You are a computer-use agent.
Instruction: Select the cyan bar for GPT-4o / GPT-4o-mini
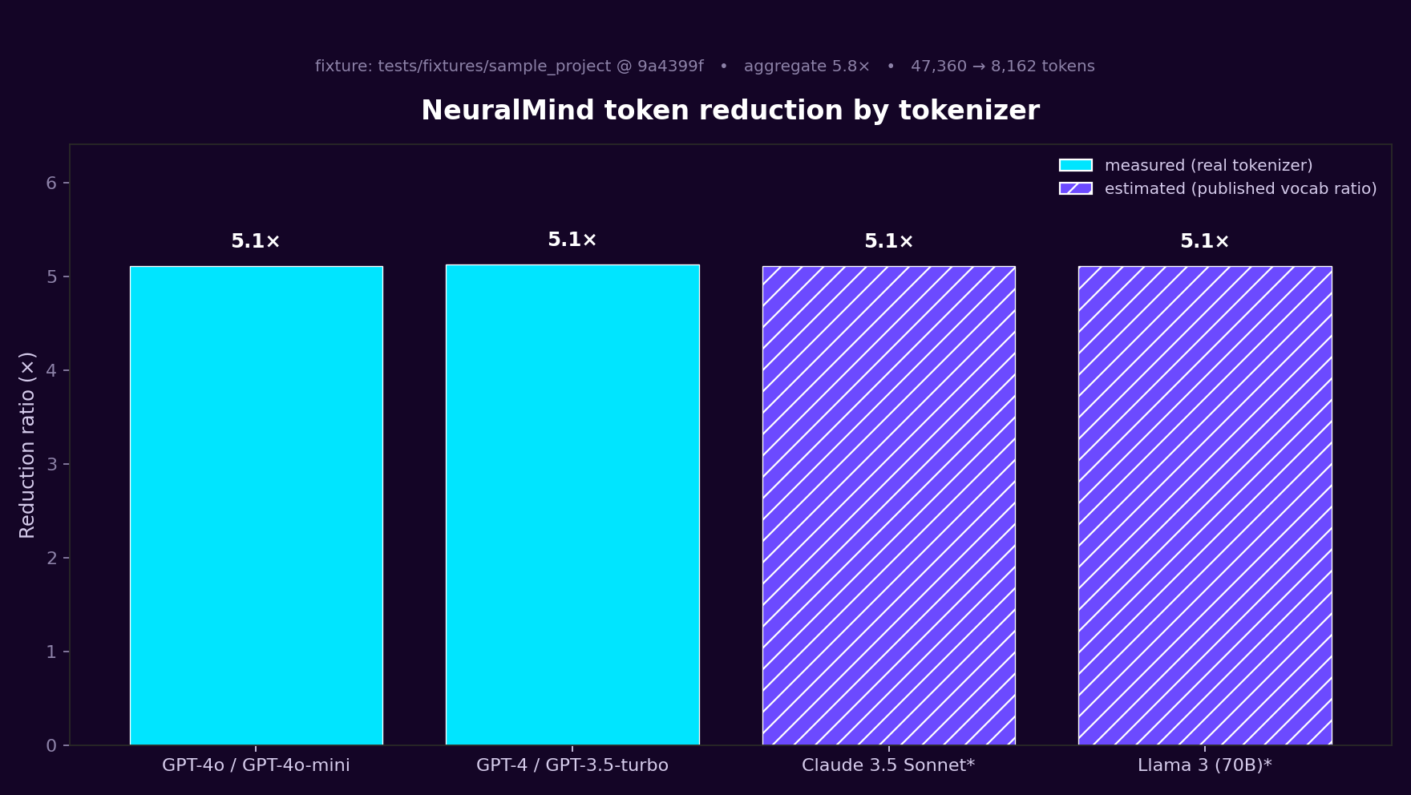point(256,505)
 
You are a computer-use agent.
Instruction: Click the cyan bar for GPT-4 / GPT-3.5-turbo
point(572,505)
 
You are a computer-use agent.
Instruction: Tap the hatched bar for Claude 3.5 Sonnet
point(888,505)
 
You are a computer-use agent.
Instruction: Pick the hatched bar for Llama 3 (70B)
point(1205,505)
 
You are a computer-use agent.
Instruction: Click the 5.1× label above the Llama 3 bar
point(1204,241)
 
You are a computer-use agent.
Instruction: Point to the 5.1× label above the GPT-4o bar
point(256,241)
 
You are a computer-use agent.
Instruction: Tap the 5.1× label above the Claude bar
point(888,241)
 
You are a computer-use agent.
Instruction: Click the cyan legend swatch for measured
point(1075,165)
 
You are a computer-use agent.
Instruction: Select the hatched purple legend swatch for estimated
point(1075,188)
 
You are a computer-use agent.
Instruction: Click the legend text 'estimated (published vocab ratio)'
point(1240,188)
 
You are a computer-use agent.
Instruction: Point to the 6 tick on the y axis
point(51,184)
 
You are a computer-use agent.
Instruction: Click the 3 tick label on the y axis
point(51,465)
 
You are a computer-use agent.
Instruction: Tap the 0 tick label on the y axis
point(51,746)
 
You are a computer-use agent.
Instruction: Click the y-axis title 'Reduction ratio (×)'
point(27,445)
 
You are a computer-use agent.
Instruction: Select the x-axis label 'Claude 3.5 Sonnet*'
point(888,765)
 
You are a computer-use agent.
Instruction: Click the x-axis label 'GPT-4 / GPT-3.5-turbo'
point(572,765)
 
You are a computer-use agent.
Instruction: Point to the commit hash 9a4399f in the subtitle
point(670,67)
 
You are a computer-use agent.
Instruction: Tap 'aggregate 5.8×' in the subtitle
point(807,67)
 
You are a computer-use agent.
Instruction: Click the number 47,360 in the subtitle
point(938,67)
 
